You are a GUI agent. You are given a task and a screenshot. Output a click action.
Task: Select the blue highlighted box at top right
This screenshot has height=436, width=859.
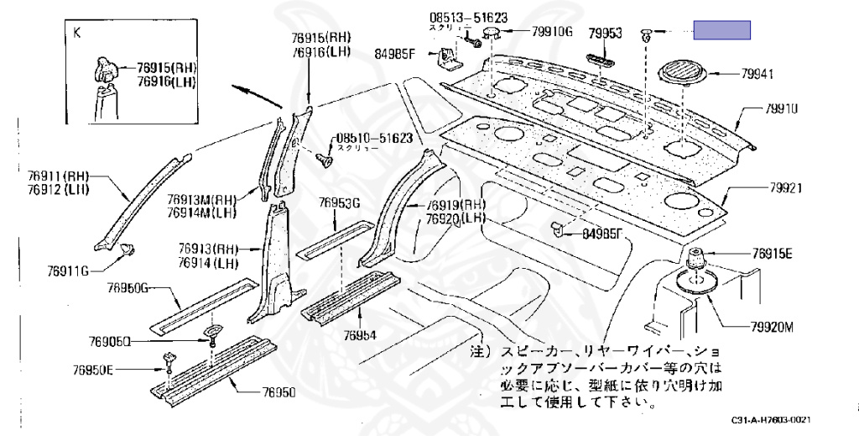point(721,32)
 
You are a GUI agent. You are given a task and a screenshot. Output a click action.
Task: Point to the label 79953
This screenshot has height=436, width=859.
point(605,34)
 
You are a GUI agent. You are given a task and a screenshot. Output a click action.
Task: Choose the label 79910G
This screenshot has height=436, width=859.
point(552,33)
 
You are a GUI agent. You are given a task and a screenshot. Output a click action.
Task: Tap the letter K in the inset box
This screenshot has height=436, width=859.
point(77,33)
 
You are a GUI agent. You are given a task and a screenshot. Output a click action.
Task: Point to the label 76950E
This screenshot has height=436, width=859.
point(92,370)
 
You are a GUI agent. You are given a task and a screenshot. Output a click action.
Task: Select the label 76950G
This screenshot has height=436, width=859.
point(127,289)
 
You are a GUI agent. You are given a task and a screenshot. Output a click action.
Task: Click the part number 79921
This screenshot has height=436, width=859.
point(787,189)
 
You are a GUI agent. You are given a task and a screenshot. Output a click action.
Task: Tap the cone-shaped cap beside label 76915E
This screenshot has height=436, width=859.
point(695,259)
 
